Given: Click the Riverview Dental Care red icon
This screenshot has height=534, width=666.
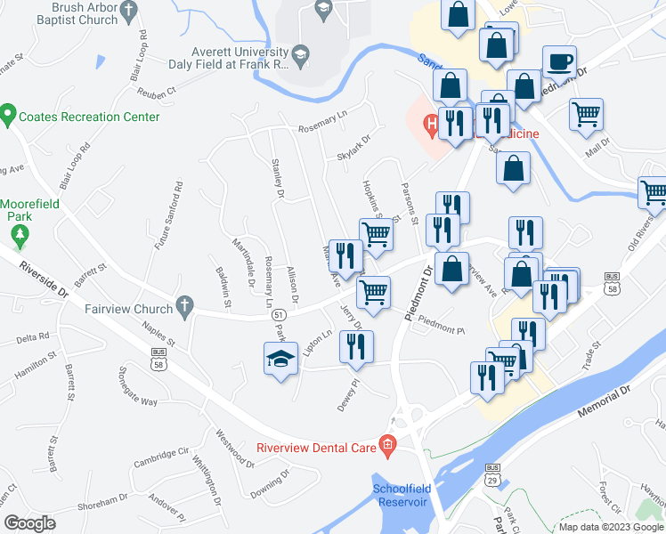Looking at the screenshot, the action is (387, 443).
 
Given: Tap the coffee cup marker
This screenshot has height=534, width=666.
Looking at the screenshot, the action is (559, 62).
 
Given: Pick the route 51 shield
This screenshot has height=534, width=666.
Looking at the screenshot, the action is (280, 315).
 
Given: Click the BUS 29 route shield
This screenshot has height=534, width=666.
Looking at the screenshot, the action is (492, 474).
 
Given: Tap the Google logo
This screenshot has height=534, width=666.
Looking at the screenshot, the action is (30, 523).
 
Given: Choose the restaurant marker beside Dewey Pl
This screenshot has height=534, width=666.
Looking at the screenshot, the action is (356, 345).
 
